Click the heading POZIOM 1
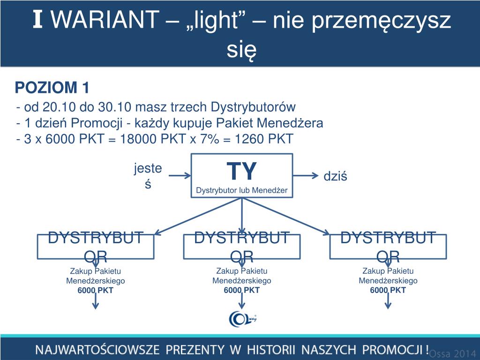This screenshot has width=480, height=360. [52, 87]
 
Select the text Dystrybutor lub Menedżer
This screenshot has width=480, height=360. [241, 190]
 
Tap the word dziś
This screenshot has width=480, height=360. [335, 176]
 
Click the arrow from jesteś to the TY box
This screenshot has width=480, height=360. [179, 176]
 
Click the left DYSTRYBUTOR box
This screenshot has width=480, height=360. [96, 247]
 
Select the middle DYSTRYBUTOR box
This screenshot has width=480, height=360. [241, 247]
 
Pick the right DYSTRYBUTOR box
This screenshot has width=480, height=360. [388, 247]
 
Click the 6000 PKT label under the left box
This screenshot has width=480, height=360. [96, 290]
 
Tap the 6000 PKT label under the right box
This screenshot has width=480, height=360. [388, 290]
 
